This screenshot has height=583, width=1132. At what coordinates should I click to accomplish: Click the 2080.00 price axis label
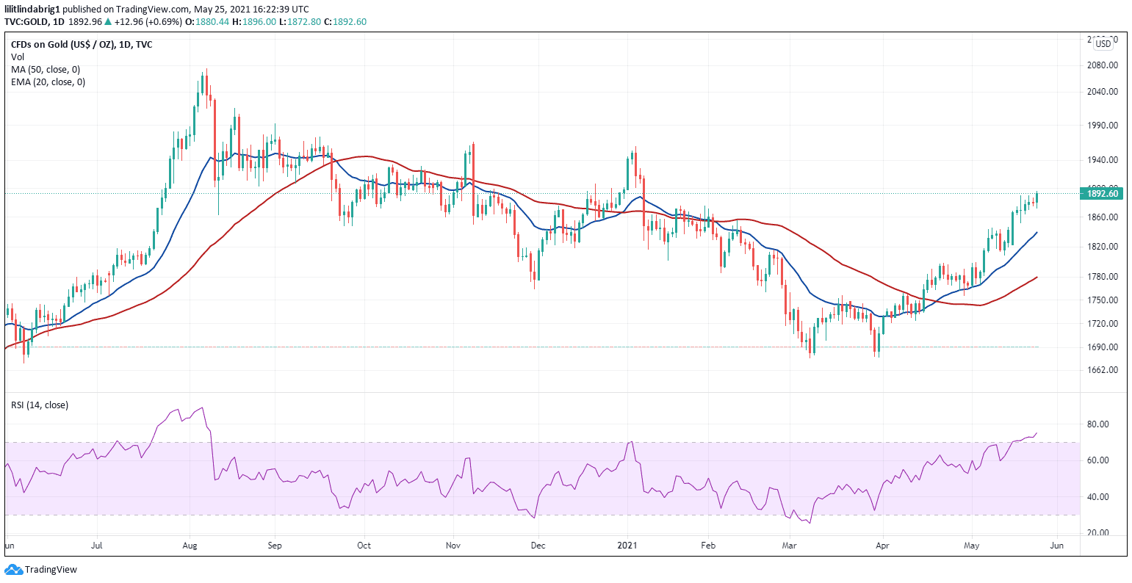1103,65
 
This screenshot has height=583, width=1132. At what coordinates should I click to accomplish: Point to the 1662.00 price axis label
1103,370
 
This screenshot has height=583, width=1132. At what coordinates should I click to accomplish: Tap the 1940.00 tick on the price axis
1103,160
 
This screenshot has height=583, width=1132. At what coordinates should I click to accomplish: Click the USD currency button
1103,44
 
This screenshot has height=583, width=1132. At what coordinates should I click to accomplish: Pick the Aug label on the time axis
190,546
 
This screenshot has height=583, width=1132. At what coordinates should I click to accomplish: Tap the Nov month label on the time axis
453,546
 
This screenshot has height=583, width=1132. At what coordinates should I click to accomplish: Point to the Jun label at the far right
1056,546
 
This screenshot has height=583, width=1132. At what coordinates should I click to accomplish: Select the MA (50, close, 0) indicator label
46,70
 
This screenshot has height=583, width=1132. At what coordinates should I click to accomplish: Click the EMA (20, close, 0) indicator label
48,82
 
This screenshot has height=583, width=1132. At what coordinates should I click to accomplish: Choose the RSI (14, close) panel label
40,405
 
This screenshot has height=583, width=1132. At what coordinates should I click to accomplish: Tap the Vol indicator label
17,57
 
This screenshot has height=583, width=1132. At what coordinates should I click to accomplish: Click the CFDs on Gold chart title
82,45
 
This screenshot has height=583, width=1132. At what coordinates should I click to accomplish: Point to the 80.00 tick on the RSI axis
1097,424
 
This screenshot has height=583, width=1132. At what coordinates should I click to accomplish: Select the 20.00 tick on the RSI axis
1097,533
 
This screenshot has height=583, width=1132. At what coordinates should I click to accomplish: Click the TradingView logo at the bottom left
41,570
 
